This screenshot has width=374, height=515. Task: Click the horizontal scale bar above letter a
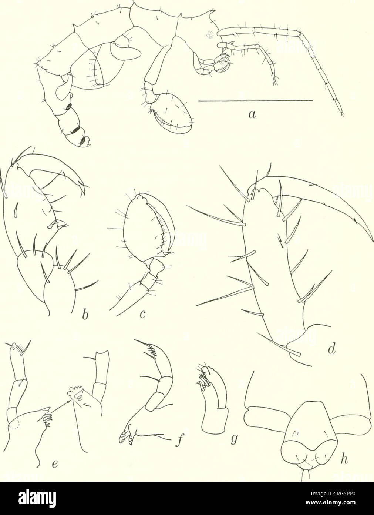pos(255,100)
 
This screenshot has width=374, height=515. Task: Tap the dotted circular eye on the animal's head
pos(210,35)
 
